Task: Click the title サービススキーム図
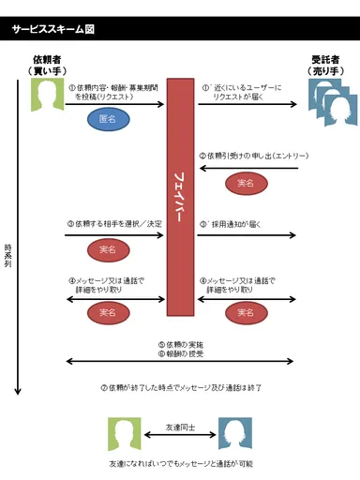(53, 29)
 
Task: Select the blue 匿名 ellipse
(108, 120)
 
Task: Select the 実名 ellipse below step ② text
(247, 183)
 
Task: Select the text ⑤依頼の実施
(180, 344)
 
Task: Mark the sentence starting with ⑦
(180, 387)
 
